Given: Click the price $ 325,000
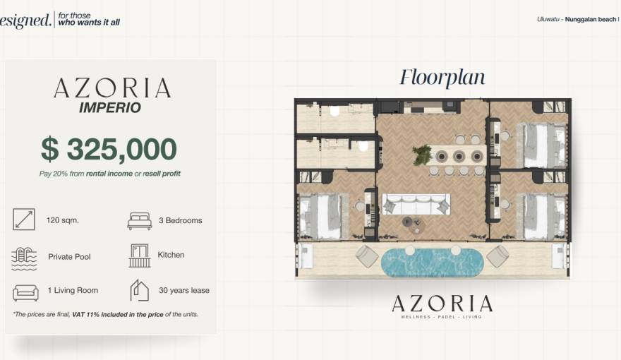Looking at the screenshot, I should pos(109,149).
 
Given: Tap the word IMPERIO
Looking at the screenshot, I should pos(109,108).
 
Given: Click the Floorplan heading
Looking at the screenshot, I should pos(442,77).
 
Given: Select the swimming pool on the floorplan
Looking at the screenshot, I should pos(432,262).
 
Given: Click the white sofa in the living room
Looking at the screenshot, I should pos(416,205).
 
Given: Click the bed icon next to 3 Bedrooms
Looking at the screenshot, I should pos(139,220).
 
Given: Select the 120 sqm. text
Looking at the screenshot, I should pos(63,220).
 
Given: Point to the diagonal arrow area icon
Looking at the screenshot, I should pos(23,220).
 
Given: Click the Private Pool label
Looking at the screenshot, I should pos(69,257).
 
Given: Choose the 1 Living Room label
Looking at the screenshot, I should pos(73,290).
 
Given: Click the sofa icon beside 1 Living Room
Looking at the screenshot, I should pos(25,292).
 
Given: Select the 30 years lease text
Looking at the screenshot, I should pos(184,290).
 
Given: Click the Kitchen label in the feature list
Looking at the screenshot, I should pos(171,255).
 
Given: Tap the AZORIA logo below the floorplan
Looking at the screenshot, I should pos(442,304).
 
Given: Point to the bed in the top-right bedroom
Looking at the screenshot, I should pos(543,145).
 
